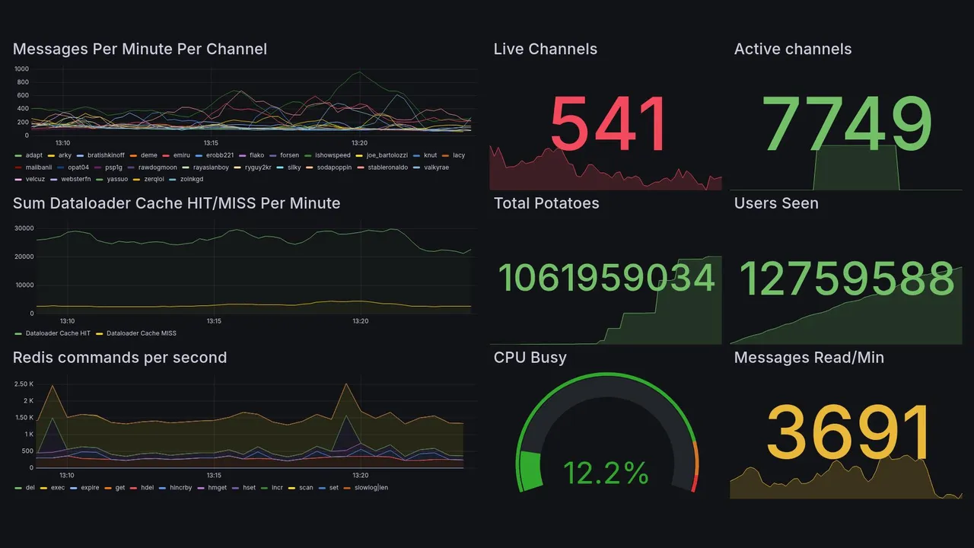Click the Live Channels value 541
pyautogui.click(x=608, y=126)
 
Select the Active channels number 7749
pyautogui.click(x=848, y=126)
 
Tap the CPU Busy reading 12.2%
pyautogui.click(x=606, y=473)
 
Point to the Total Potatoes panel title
pyautogui.click(x=546, y=203)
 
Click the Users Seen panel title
pyautogui.click(x=776, y=203)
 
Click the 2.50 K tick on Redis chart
pyautogui.click(x=24, y=384)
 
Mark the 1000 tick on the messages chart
pyautogui.click(x=21, y=69)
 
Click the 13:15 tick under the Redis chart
pyautogui.click(x=214, y=475)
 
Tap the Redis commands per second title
pyautogui.click(x=119, y=358)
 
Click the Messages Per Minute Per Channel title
pyautogui.click(x=140, y=49)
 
